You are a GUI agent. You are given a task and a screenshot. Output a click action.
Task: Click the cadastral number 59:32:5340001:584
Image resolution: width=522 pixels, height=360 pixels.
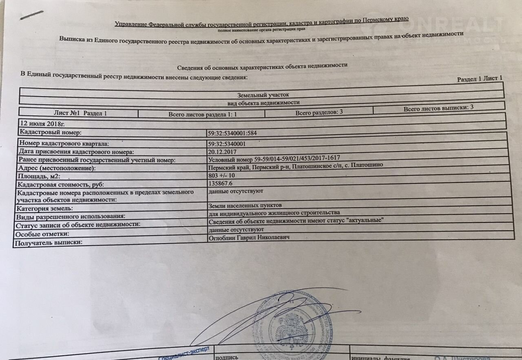click(232, 133)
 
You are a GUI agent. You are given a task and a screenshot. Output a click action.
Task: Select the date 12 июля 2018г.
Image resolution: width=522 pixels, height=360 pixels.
click(42, 123)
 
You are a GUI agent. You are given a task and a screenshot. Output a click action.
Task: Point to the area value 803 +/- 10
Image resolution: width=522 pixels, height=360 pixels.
click(221, 176)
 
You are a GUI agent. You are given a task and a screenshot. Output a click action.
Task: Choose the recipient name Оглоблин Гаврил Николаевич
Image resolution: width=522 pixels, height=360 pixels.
click(249, 238)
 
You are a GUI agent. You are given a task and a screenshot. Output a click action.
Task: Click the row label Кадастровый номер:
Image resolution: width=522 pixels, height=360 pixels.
click(51, 132)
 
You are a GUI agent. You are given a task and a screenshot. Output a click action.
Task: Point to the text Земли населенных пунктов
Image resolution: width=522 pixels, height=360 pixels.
click(245, 205)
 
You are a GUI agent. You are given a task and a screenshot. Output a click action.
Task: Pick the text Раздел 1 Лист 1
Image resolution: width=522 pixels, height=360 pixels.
click(480, 79)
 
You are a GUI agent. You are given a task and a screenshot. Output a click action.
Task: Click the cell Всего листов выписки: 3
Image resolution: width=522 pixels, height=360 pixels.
click(438, 108)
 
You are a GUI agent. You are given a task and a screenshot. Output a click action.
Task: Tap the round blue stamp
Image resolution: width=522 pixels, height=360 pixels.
click(291, 324)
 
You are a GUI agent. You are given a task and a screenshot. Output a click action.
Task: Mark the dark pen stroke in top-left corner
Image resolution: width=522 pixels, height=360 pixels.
click(32, 15)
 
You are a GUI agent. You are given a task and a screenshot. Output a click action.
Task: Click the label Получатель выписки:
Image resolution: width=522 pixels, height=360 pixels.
click(49, 243)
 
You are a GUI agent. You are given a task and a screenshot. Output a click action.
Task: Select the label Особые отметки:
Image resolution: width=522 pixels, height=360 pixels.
click(42, 234)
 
